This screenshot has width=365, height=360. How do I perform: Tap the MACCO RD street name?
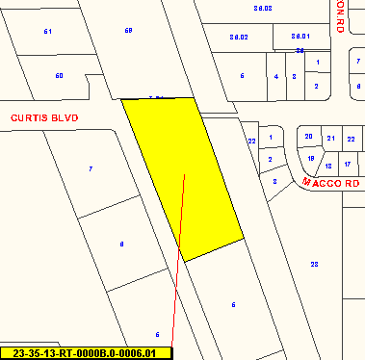[329, 181]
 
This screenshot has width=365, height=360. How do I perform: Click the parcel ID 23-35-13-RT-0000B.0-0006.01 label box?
[86, 353]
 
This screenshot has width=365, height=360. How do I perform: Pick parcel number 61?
[47, 32]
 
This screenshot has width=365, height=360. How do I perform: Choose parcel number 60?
[59, 75]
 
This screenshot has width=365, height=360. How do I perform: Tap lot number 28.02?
[239, 37]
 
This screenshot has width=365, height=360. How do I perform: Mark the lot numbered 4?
[276, 75]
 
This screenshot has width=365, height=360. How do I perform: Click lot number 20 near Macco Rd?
[309, 137]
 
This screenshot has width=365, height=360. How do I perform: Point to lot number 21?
[330, 139]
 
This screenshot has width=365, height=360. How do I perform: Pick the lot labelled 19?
[311, 158]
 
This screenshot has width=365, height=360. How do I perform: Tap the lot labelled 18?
[328, 165]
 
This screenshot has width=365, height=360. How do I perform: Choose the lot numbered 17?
[348, 165]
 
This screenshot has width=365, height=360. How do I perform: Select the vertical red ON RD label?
[340, 16]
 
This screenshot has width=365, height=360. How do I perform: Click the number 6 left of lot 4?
[243, 75]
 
